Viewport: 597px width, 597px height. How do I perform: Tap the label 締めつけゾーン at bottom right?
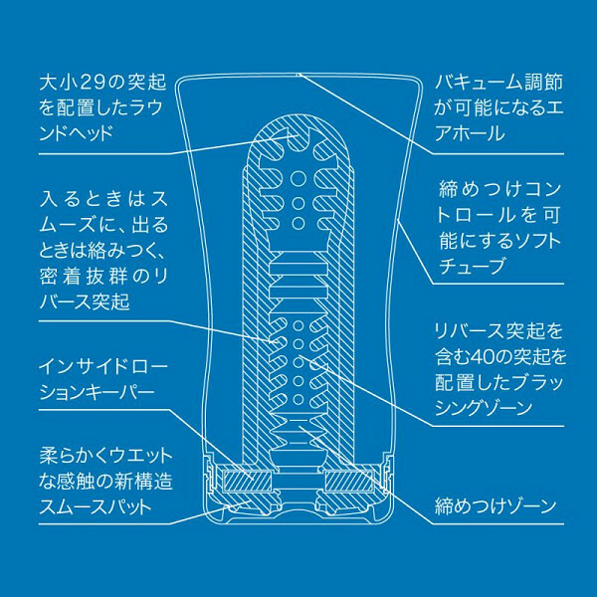click(x=496, y=506)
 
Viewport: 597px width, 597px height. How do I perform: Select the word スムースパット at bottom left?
click(x=96, y=506)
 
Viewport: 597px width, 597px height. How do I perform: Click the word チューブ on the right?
click(x=472, y=266)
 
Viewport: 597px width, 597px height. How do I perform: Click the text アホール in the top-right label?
click(x=470, y=133)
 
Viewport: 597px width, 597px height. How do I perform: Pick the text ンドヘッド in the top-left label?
click(x=77, y=133)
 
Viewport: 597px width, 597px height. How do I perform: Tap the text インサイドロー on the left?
click(x=103, y=366)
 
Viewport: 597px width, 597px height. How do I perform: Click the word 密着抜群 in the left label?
click(x=84, y=277)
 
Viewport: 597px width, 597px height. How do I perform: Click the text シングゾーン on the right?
click(x=484, y=408)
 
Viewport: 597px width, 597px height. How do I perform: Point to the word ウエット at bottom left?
click(x=140, y=456)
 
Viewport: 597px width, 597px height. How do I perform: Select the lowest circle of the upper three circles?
click(x=298, y=223)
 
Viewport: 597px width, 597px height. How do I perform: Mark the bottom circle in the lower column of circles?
click(x=298, y=399)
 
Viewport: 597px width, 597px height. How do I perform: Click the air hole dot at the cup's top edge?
click(x=298, y=75)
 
